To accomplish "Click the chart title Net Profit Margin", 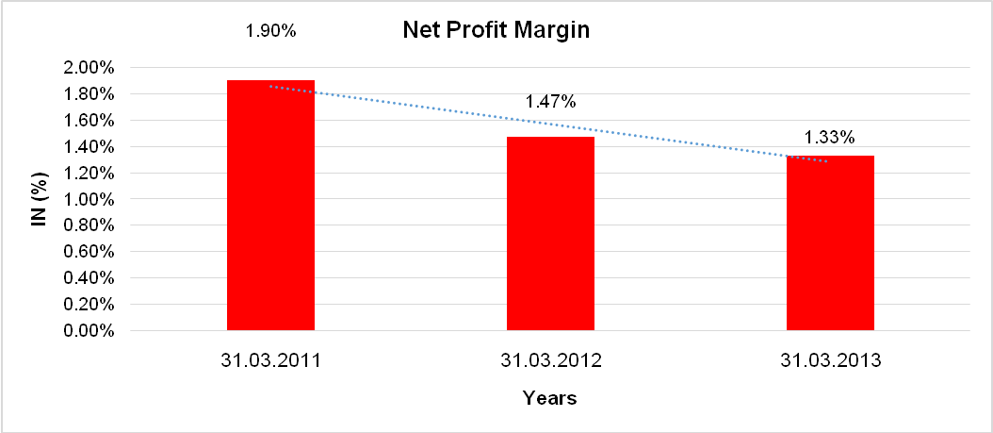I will click(x=496, y=30).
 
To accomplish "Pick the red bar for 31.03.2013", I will click(x=831, y=243).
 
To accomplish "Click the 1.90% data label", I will click(x=270, y=31).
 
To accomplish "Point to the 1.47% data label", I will click(x=551, y=102).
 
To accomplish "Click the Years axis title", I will click(x=550, y=398).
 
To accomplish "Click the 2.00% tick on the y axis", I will click(x=90, y=68).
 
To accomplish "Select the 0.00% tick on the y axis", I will click(x=90, y=332).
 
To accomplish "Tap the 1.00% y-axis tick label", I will click(x=90, y=200).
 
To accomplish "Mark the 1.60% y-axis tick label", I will click(x=90, y=121).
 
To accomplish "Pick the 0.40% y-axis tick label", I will click(x=90, y=279).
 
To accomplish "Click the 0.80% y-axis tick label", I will click(x=90, y=226).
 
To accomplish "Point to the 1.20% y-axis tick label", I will click(x=90, y=174).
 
